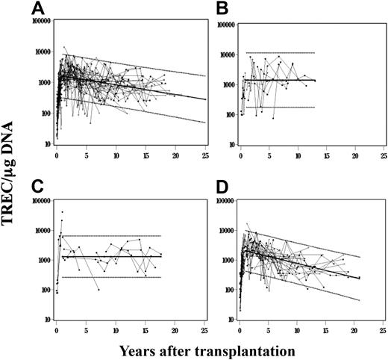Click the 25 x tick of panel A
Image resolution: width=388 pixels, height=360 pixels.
204,156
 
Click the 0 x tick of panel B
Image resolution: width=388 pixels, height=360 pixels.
240,156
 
